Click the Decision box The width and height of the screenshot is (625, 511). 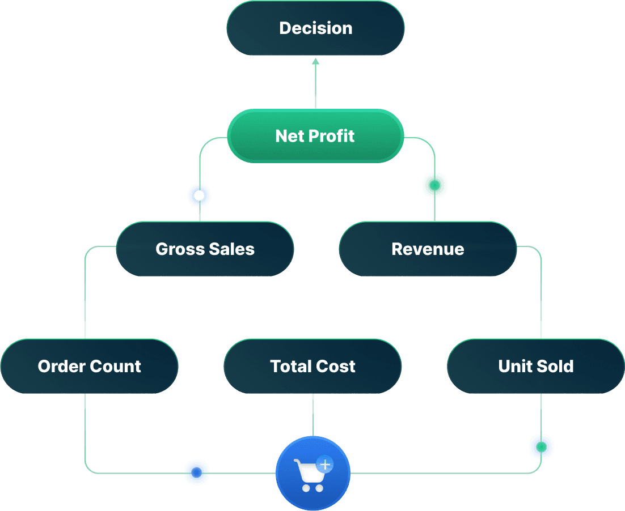point(315,28)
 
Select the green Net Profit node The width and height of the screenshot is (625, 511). point(315,136)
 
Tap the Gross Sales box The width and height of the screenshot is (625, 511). point(205,249)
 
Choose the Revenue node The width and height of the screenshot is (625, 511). point(428,249)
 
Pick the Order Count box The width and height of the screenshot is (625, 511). point(89,366)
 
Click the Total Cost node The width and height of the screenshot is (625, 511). point(312,366)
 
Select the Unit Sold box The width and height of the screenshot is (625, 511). point(535,366)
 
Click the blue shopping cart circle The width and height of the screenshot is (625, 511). point(312,472)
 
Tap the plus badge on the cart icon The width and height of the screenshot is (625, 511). point(325,465)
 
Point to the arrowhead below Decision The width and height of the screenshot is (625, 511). point(315,61)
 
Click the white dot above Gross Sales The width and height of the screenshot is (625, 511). point(199,196)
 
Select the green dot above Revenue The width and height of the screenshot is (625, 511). point(434,185)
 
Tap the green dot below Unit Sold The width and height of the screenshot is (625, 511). point(541,447)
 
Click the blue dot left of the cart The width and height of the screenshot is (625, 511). point(196,472)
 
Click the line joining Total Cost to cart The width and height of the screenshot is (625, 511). point(312,415)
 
